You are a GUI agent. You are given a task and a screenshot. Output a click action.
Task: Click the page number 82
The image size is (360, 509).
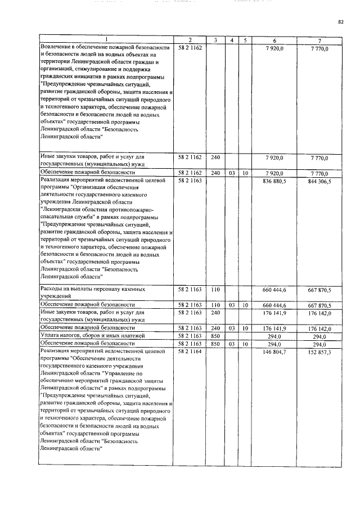coord(340,22)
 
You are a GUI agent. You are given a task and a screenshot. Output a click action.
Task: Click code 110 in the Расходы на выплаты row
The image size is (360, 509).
coord(215,289)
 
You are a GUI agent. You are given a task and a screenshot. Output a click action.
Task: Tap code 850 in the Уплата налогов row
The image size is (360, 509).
coord(215,335)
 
